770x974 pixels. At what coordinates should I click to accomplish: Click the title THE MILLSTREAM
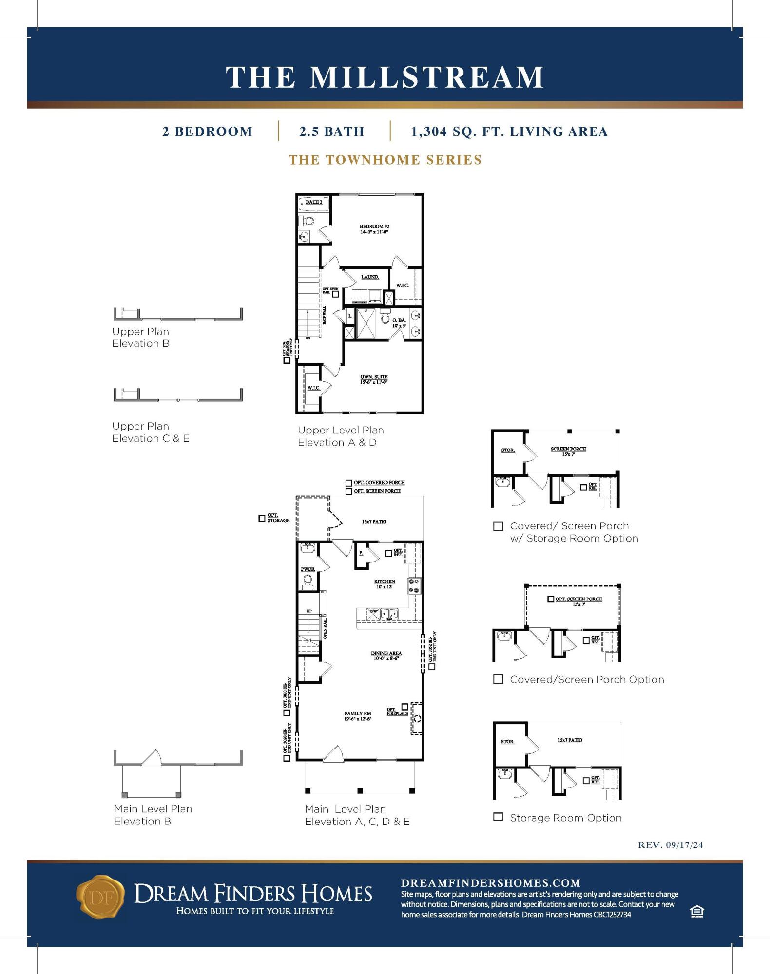385,77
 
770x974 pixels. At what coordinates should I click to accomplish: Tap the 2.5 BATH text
331,131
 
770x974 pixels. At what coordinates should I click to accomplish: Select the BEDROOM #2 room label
374,227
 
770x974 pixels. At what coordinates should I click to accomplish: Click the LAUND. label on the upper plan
370,277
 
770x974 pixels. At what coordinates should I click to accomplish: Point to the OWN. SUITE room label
374,377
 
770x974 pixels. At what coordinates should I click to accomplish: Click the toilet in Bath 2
308,221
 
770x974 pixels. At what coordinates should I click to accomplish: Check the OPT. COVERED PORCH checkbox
349,483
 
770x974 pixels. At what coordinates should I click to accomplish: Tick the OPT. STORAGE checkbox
262,518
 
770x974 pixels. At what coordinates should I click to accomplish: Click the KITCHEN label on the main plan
385,581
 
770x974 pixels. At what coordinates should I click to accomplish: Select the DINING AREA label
386,653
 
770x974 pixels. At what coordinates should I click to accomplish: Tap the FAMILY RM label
358,714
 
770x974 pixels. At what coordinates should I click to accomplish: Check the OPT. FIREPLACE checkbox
404,706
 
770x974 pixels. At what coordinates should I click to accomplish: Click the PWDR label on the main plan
308,569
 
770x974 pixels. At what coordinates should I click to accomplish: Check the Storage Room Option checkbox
498,817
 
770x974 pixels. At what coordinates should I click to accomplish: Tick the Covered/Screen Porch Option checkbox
498,679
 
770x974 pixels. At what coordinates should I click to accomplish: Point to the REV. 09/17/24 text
670,845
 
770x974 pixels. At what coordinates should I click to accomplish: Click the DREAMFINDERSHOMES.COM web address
490,883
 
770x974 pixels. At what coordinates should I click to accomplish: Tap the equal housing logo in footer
697,912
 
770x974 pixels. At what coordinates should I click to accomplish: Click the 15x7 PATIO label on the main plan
374,522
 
